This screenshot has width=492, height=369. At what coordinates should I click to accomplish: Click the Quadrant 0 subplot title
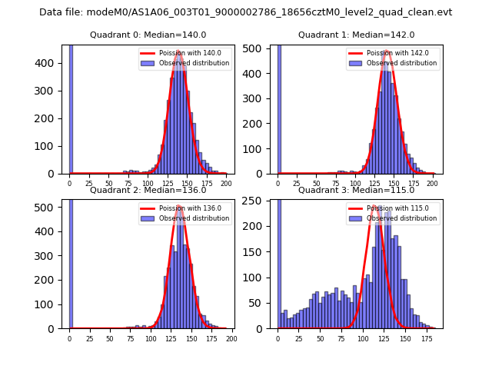point(148,35)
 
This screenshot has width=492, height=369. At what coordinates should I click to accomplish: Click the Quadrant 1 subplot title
point(356,35)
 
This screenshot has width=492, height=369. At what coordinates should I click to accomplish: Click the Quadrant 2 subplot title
point(148,190)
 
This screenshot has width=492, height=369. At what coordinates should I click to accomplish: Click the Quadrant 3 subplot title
point(356,190)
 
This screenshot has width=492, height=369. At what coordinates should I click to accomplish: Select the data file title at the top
point(245,12)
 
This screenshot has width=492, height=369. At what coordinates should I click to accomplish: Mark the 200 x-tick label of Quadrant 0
point(226,184)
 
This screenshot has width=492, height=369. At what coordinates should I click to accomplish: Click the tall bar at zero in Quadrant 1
point(278,108)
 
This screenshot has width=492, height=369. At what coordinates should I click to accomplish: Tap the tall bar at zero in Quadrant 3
point(278,261)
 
